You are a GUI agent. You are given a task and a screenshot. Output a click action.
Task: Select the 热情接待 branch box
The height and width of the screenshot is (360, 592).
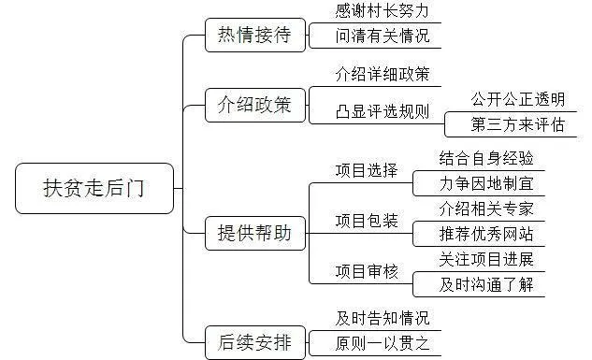(x=248, y=36)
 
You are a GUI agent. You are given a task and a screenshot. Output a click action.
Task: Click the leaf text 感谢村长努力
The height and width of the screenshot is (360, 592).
(x=382, y=12)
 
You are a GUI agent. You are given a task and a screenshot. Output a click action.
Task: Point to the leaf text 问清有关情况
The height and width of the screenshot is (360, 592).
(x=382, y=37)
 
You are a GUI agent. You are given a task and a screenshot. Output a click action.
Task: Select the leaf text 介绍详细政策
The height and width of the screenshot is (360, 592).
(x=382, y=72)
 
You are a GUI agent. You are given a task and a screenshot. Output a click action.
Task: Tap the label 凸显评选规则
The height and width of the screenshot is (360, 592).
(x=382, y=111)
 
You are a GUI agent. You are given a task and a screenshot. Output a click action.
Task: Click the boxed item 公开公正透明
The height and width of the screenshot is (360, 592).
(x=505, y=97)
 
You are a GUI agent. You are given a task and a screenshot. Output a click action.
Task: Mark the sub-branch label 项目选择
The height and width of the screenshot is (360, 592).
(x=367, y=171)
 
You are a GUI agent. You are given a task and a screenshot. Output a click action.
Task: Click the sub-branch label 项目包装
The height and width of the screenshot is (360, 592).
(x=367, y=221)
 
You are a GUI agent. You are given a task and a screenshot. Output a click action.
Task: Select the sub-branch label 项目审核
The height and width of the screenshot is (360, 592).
(x=367, y=271)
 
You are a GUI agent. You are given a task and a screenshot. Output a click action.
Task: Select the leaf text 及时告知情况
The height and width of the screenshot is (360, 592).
(x=382, y=317)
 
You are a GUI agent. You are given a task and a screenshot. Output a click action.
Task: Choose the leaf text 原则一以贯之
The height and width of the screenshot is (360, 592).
(x=382, y=342)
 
